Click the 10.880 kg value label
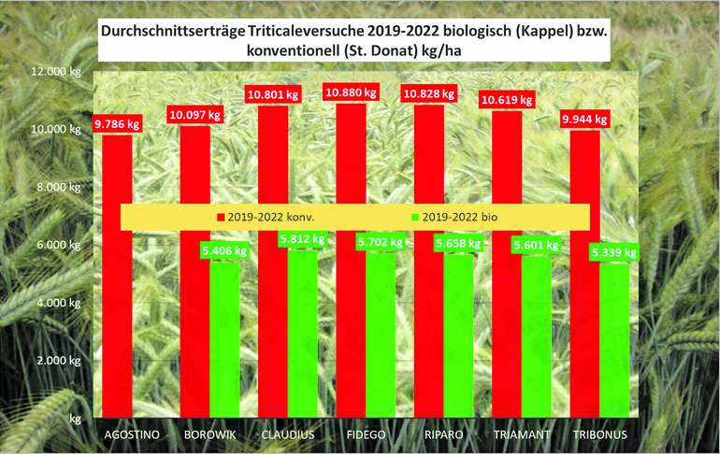click(x=352, y=93)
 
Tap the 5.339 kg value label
click(x=613, y=252)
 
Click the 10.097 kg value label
click(x=195, y=115)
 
